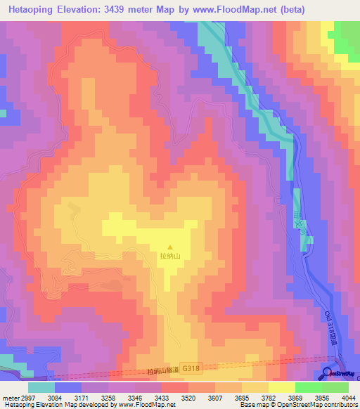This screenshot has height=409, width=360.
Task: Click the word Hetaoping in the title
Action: click(34, 9)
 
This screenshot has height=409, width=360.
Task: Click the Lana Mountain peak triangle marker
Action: click(169, 247)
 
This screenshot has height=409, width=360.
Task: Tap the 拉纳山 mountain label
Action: click(169, 257)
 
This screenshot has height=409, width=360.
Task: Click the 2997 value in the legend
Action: click(27, 398)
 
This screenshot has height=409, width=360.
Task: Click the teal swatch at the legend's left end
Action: click(41, 387)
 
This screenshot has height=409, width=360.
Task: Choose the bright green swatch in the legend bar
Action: click(308, 387)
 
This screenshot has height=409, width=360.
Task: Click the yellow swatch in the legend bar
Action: click(281, 387)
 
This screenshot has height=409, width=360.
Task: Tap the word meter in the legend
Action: click(9, 398)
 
